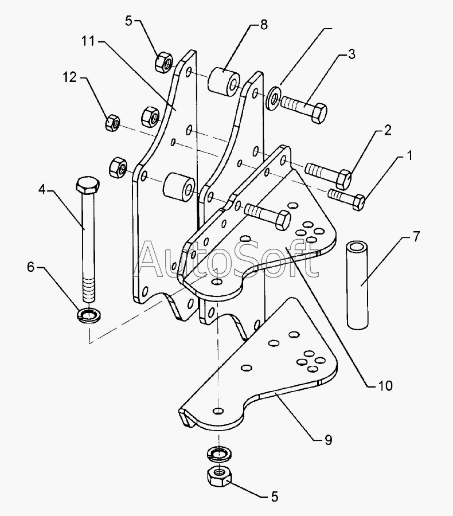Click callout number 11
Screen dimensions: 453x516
click(x=88, y=41)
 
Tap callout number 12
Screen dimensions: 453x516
click(x=70, y=77)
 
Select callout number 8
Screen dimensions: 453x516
click(x=264, y=25)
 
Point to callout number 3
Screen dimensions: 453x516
click(x=352, y=54)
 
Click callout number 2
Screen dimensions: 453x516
click(x=388, y=130)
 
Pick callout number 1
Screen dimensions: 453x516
click(x=409, y=155)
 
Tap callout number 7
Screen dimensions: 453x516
click(x=416, y=236)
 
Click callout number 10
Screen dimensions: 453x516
click(x=385, y=385)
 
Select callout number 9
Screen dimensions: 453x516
click(x=328, y=440)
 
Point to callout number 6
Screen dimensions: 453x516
click(x=30, y=267)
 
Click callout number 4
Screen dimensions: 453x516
click(x=42, y=190)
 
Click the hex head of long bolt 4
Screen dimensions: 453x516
click(x=88, y=185)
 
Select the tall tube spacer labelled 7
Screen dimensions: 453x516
click(x=357, y=285)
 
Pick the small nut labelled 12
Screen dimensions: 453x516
click(x=112, y=123)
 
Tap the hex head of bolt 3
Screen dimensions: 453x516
click(x=319, y=113)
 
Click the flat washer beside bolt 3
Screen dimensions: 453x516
click(x=274, y=97)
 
